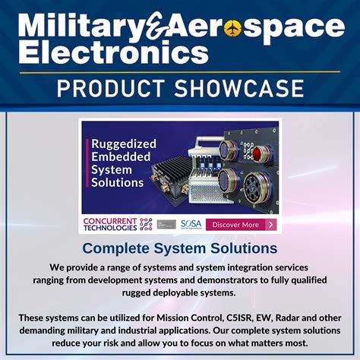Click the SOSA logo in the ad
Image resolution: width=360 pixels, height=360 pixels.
tap(190, 224)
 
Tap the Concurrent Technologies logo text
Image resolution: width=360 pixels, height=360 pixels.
tap(109, 224)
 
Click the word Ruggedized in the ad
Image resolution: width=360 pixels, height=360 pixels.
tap(124, 144)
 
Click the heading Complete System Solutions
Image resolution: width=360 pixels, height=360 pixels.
tap(179, 248)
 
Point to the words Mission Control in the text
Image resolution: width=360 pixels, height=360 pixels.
tap(193, 317)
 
